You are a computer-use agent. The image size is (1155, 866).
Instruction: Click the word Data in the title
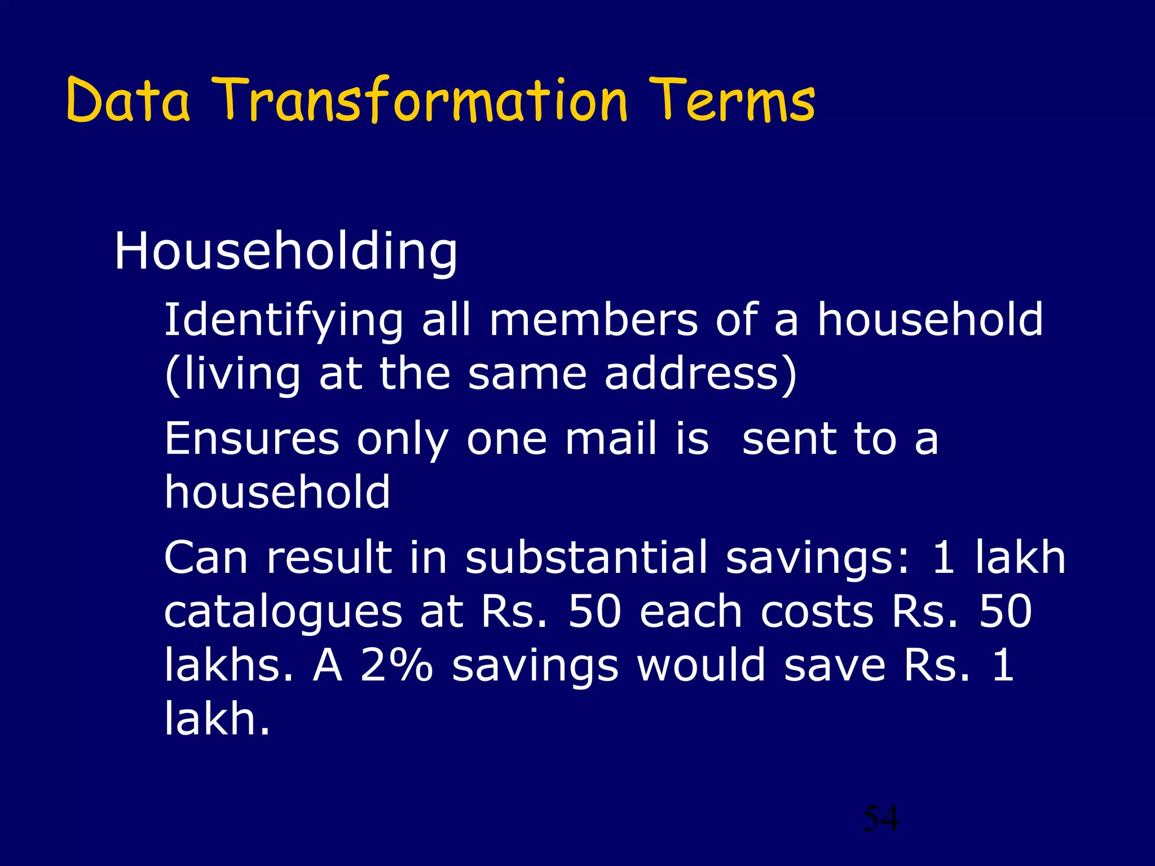tap(128, 101)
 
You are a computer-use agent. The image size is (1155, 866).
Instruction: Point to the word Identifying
tap(284, 320)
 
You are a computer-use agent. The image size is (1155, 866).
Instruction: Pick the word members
tap(593, 320)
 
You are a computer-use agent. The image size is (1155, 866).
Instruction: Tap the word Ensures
tap(252, 439)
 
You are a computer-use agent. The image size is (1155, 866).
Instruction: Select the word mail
tap(611, 439)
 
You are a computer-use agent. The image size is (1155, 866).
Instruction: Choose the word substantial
tap(587, 558)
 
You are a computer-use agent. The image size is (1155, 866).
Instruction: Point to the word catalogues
tap(283, 612)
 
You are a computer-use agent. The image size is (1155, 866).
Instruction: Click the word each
tap(691, 612)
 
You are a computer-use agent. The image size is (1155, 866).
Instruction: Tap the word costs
tap(817, 612)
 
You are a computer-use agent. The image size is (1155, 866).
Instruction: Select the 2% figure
tap(397, 665)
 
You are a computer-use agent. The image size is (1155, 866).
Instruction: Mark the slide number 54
tap(881, 818)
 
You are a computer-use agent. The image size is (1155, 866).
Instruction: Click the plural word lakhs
tap(229, 665)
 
